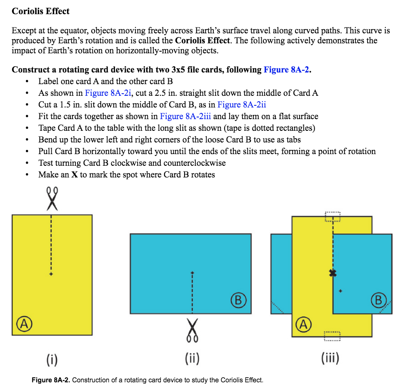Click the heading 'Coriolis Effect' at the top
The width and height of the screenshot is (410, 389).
tap(41, 11)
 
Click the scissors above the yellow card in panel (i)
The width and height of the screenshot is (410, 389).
tap(51, 198)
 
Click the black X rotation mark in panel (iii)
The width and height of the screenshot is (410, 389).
tap(332, 273)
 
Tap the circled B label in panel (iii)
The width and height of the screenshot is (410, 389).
tap(378, 300)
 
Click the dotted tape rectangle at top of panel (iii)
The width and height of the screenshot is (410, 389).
tap(333, 217)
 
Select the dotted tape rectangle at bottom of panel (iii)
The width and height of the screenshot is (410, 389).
tap(332, 336)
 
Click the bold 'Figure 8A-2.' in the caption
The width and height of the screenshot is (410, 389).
tap(51, 380)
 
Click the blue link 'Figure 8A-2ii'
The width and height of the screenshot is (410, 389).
tap(242, 105)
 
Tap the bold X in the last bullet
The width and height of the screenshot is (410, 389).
tap(75, 175)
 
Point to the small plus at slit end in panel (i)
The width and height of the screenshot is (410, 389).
tap(51, 274)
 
